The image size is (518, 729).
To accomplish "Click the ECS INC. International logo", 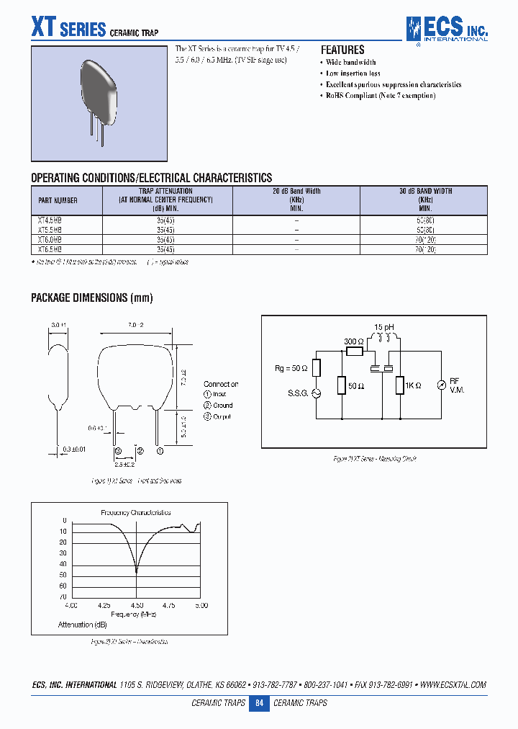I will pos(446,30).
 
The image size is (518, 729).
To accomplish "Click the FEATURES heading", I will pos(342,50).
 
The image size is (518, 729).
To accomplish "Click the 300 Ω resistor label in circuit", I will pos(353,341).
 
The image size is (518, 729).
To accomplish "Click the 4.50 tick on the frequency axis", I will pos(137,605).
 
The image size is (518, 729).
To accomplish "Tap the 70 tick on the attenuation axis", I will pos(63,597).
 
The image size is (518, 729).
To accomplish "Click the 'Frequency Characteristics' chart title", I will pos(135,512).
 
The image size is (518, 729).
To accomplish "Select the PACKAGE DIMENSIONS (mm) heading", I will pos(92,298).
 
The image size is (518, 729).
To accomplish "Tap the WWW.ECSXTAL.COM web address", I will pos(453,684).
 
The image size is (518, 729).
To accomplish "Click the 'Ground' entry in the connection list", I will pos(222,405).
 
